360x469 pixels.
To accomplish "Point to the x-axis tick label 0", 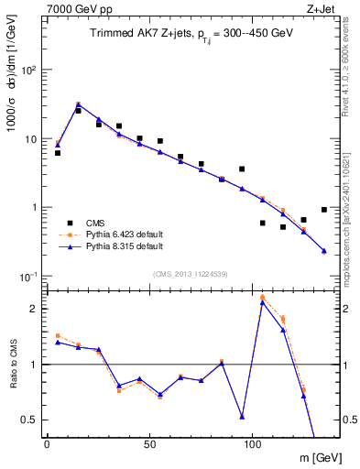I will click(x=48, y=443).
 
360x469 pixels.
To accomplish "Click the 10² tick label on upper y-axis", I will click(x=30, y=71).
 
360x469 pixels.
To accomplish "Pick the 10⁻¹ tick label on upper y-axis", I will click(x=29, y=276).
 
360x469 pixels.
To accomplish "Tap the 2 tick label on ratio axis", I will click(x=36, y=309).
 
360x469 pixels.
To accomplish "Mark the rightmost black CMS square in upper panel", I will click(x=324, y=210).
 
